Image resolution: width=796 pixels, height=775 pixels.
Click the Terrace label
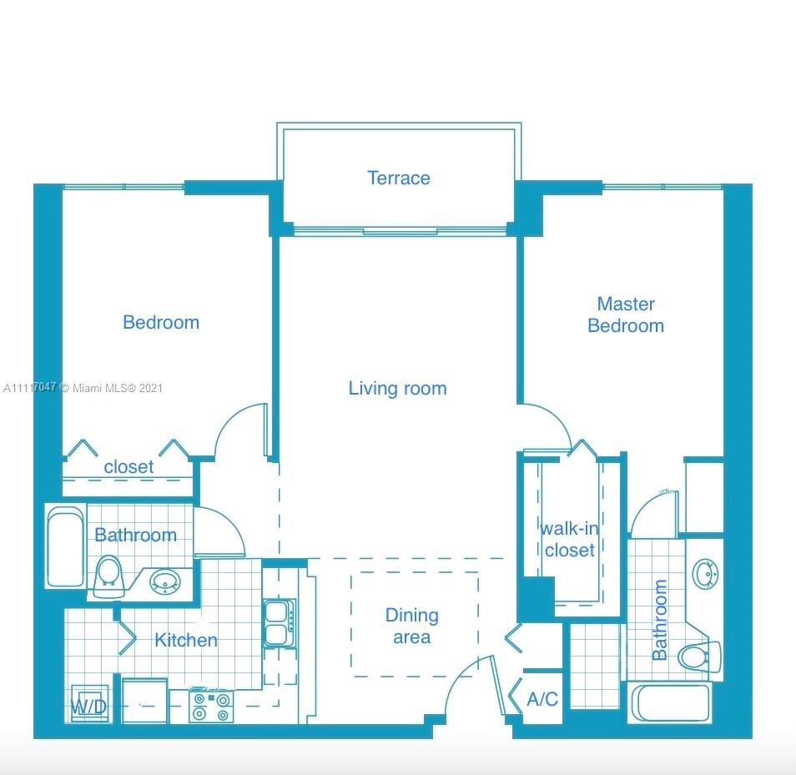(x=399, y=179)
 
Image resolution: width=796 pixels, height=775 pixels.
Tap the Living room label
(x=397, y=389)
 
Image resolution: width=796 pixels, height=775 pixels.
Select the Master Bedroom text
(x=626, y=315)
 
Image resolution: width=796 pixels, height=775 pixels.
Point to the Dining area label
(x=411, y=626)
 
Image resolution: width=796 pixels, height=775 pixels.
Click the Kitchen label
(x=186, y=640)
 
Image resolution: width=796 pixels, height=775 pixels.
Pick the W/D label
(x=88, y=706)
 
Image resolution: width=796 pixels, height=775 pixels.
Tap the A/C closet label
(x=542, y=699)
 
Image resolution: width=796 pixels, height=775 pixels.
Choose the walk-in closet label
(x=570, y=540)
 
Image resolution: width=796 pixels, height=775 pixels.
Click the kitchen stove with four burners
(x=211, y=706)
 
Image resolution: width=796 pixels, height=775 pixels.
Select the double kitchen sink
(x=279, y=622)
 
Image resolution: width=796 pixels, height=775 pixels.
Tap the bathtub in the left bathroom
(x=65, y=546)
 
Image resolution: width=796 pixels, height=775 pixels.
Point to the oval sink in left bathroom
(x=165, y=581)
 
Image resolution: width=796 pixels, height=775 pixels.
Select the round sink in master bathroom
(x=706, y=574)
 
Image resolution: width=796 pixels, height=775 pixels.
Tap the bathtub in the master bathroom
(x=670, y=703)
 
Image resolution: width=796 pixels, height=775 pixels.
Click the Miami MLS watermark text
(x=83, y=388)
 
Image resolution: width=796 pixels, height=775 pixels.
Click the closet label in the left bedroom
(x=128, y=467)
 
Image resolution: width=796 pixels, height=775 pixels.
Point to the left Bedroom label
(x=161, y=323)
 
